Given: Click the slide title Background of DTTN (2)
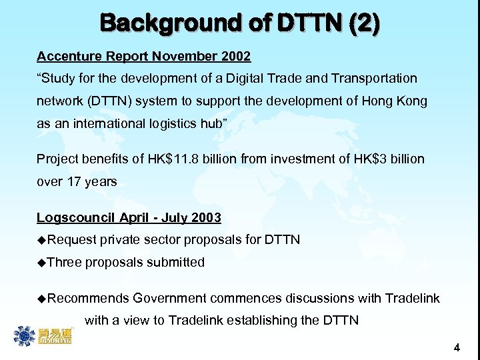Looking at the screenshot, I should [240, 24].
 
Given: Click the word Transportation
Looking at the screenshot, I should [377, 79].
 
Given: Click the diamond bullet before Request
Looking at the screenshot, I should [41, 239].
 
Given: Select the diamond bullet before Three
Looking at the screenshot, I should [41, 263].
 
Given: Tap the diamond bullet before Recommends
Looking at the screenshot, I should [41, 298].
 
